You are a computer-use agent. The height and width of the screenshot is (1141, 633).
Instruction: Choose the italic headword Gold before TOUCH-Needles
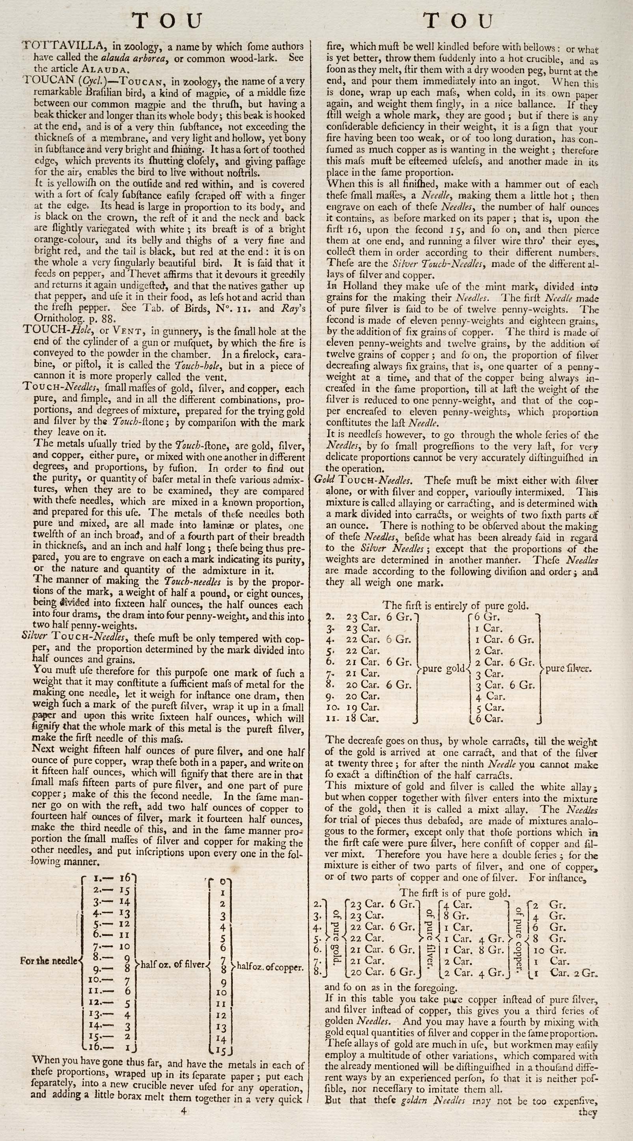323,480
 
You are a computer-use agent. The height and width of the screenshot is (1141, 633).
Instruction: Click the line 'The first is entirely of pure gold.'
455,605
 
